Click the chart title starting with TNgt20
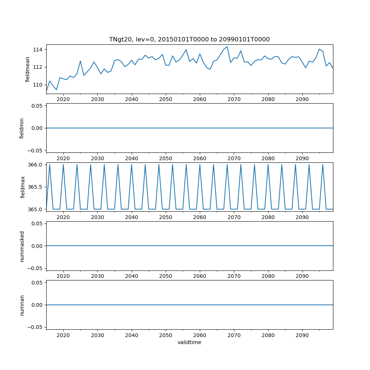tap(189, 39)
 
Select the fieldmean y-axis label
tap(28, 69)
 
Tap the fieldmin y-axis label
tap(22, 128)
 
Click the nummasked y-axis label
tap(22, 246)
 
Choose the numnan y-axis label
tap(22, 305)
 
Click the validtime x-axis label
tap(189, 342)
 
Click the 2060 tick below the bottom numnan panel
tap(200, 335)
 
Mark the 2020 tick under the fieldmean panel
tap(63, 99)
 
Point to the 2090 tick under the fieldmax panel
tap(302, 217)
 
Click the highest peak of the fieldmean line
tap(227, 47)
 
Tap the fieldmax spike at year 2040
tap(131, 165)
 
